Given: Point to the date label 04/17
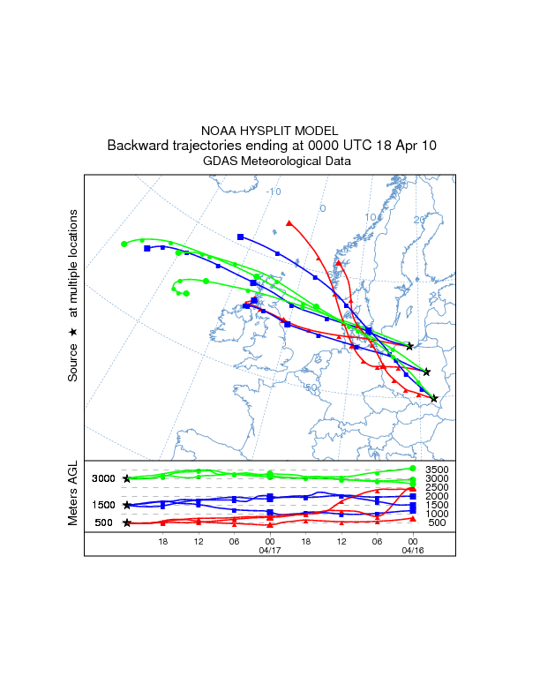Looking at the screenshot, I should pyautogui.click(x=269, y=550).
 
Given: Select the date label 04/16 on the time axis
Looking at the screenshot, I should pyautogui.click(x=412, y=550).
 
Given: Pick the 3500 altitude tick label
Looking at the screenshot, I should pyautogui.click(x=438, y=470).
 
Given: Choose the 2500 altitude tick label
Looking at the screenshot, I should pyautogui.click(x=438, y=487).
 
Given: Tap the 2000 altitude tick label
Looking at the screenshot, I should pyautogui.click(x=438, y=496).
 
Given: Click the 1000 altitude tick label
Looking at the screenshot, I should pyautogui.click(x=438, y=514).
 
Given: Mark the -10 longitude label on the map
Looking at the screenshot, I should pyautogui.click(x=274, y=192).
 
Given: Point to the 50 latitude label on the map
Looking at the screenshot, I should pyautogui.click(x=311, y=387).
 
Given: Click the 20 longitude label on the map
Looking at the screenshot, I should pyautogui.click(x=419, y=220).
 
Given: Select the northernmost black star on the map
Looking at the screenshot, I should pyautogui.click(x=410, y=347).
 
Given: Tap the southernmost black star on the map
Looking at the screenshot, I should pyautogui.click(x=434, y=399).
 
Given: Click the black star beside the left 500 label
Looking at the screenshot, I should pyautogui.click(x=127, y=523).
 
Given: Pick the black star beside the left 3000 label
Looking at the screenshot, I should pyautogui.click(x=127, y=478).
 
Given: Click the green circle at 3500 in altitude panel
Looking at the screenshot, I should pyautogui.click(x=413, y=469).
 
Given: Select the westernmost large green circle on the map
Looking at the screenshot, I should pyautogui.click(x=124, y=244).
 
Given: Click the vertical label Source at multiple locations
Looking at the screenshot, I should pyautogui.click(x=73, y=296).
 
